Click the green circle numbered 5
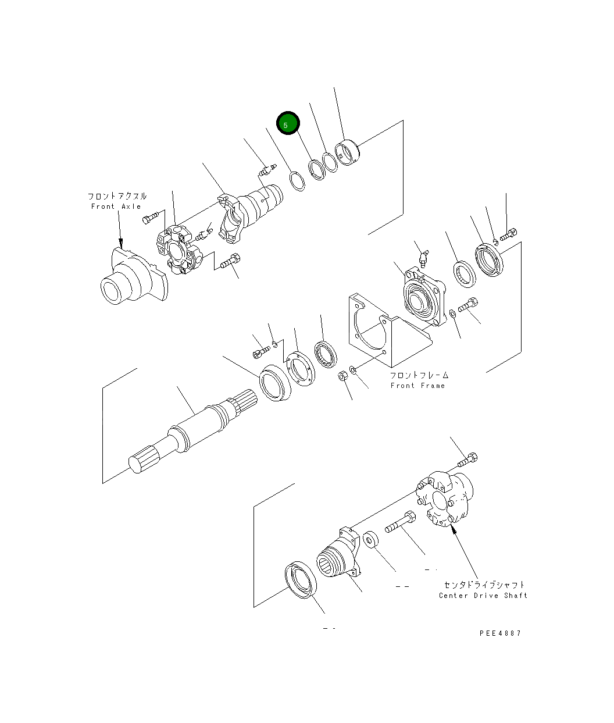tap(287, 124)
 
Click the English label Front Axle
tap(116, 206)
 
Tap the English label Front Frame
tap(417, 386)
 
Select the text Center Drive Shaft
tap(483, 595)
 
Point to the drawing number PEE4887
tap(500, 633)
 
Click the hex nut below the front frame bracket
tap(343, 376)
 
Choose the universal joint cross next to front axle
tap(177, 251)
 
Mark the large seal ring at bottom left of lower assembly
tap(301, 579)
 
